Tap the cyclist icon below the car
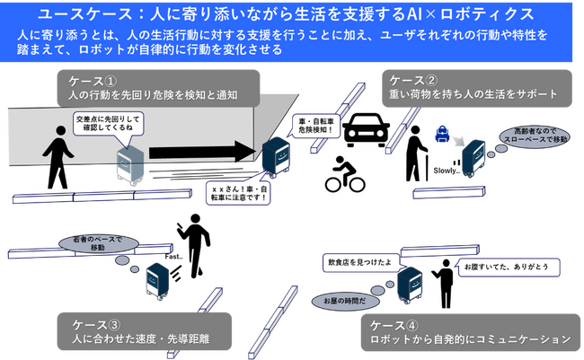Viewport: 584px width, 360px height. tap(344, 176)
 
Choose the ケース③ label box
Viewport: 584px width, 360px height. tap(140, 332)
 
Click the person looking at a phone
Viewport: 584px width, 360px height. tap(195, 250)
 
